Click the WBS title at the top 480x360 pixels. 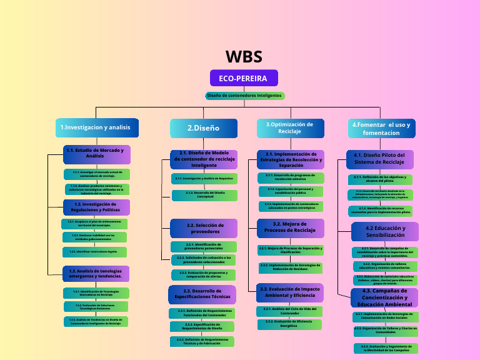pos(244,57)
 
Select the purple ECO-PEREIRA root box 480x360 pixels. pos(243,79)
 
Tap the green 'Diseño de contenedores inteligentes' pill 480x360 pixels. pos(244,96)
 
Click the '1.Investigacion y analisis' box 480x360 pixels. pos(96,127)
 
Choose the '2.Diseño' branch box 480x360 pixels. pos(204,128)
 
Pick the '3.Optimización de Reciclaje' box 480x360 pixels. pos(289,128)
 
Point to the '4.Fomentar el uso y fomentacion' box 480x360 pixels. pos(381,128)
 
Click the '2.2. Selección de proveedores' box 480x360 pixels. pos(204,228)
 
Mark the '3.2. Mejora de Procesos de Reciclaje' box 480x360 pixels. pos(289,227)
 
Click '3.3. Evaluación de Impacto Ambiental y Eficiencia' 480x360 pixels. pos(291,292)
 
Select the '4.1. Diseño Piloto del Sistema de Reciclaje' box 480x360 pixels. pos(379,159)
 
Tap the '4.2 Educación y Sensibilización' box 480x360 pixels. pos(385,231)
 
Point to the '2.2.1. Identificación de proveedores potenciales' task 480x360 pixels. pos(204,246)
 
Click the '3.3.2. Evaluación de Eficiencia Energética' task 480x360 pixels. pos(289,324)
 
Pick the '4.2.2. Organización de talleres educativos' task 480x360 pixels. pos(386,266)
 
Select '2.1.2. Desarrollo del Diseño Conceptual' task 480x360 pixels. pos(204,195)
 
